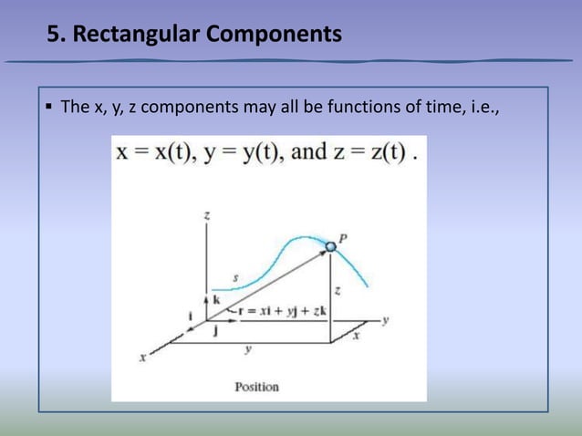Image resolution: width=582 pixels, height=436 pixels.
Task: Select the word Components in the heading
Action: pyautogui.click(x=273, y=36)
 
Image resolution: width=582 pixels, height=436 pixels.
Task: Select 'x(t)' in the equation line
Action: pyautogui.click(x=172, y=152)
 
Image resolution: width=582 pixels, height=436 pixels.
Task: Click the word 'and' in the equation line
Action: pyautogui.click(x=308, y=152)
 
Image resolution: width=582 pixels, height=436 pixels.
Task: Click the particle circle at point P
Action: pyautogui.click(x=330, y=246)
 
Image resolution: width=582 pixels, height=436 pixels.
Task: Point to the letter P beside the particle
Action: pyautogui.click(x=342, y=238)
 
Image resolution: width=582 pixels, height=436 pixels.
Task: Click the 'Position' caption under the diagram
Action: pyautogui.click(x=256, y=387)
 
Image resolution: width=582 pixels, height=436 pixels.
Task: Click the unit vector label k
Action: pyautogui.click(x=216, y=299)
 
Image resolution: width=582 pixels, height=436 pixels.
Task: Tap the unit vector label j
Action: pyautogui.click(x=214, y=331)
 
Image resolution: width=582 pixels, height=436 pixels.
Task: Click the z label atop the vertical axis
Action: pyautogui.click(x=209, y=215)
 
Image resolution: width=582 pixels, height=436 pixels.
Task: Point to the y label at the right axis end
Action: pyautogui.click(x=387, y=320)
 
